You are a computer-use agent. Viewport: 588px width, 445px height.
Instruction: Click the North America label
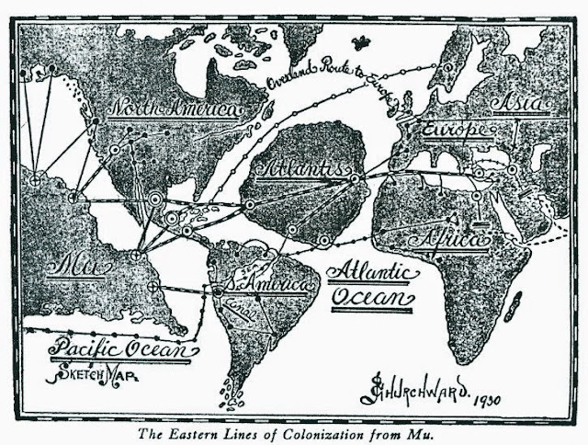(175, 111)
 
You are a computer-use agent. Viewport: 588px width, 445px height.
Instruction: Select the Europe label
(452, 131)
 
